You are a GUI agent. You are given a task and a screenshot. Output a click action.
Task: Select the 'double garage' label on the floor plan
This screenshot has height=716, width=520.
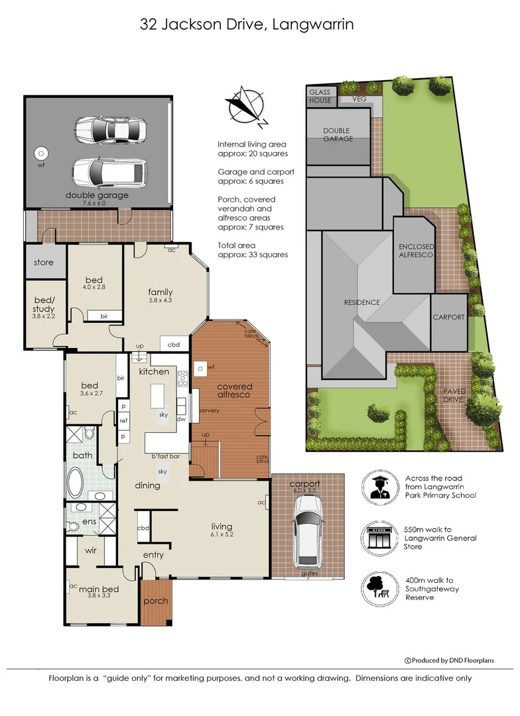pyautogui.click(x=97, y=196)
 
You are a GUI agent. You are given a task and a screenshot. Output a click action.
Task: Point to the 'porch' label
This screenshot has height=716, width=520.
pyautogui.click(x=156, y=601)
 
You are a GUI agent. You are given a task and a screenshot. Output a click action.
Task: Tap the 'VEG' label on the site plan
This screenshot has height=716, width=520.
pyautogui.click(x=359, y=99)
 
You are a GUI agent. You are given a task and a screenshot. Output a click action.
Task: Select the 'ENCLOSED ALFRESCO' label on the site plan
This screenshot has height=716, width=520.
pyautogui.click(x=416, y=251)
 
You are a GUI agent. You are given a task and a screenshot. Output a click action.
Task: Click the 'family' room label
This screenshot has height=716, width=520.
pyautogui.click(x=161, y=292)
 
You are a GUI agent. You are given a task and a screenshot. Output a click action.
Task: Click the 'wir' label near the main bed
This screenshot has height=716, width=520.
pyautogui.click(x=92, y=550)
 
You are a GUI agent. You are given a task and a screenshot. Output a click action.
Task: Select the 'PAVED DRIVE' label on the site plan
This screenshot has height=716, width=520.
pyautogui.click(x=454, y=395)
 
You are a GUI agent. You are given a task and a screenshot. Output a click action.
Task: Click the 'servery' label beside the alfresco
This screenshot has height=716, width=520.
pyautogui.click(x=208, y=411)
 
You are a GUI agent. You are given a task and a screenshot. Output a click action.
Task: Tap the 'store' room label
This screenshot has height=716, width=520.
pyautogui.click(x=44, y=263)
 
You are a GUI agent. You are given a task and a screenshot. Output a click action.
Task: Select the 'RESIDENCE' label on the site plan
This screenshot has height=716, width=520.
pyautogui.click(x=361, y=302)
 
